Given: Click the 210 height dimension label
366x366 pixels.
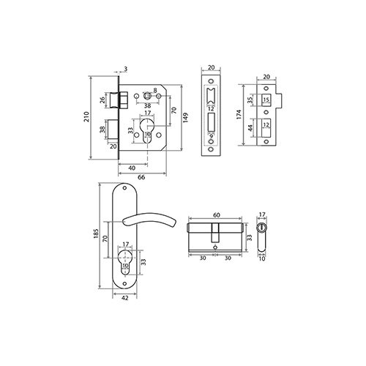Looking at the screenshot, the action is (x=86, y=117).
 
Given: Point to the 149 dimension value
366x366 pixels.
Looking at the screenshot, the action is (x=186, y=117).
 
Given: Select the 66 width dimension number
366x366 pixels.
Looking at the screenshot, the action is (x=141, y=177).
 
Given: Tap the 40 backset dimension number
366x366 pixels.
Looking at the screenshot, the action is (x=132, y=168).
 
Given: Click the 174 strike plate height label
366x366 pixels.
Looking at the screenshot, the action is (x=239, y=114).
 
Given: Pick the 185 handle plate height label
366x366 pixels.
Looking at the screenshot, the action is (x=96, y=234).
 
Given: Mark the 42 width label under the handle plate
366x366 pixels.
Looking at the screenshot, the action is (x=124, y=298).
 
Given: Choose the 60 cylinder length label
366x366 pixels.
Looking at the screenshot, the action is (x=217, y=215).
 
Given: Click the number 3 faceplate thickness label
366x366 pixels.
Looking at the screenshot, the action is (x=126, y=69).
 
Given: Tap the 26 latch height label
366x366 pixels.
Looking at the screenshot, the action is (x=102, y=100).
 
